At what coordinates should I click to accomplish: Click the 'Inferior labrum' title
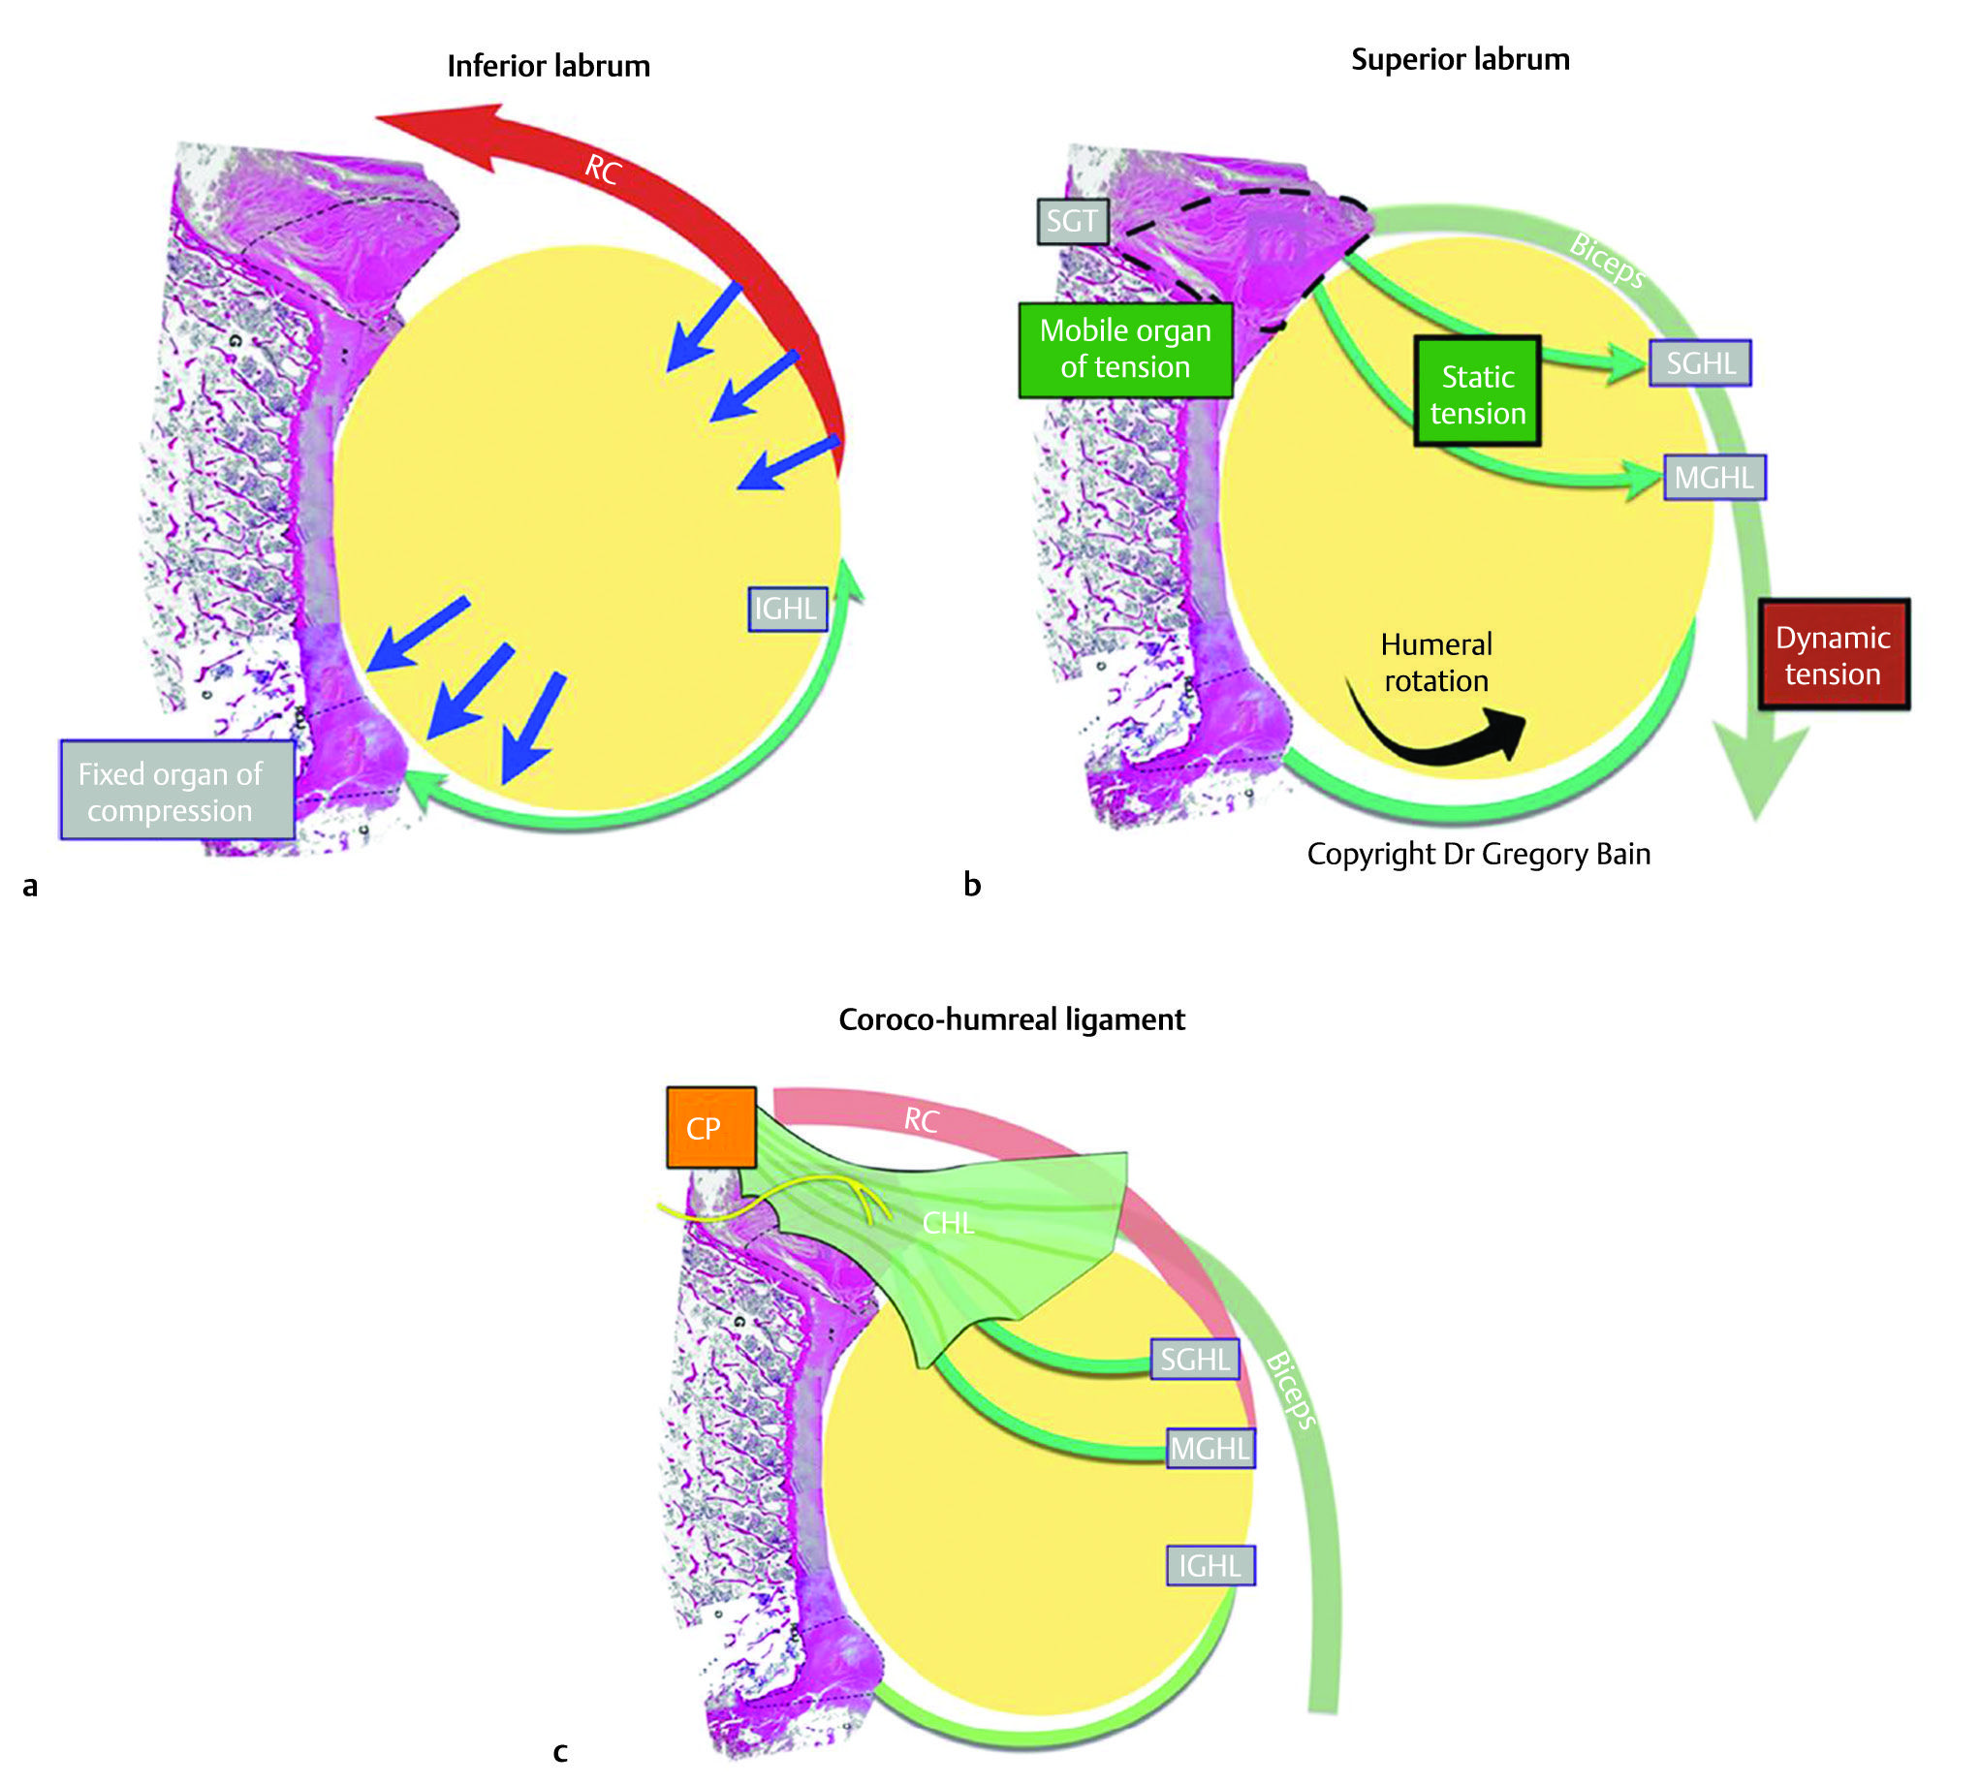click(x=549, y=66)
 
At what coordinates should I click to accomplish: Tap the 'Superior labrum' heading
click(x=1460, y=60)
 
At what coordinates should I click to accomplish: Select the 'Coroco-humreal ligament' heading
click(x=1011, y=1020)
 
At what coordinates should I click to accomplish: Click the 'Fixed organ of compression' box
click(x=176, y=791)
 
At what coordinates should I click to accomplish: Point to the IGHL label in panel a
click(x=787, y=610)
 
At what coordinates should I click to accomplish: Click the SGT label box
click(x=1072, y=221)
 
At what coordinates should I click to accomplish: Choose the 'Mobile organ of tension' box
click(x=1125, y=349)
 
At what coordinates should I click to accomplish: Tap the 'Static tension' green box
click(x=1477, y=392)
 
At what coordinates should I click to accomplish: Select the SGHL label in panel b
click(x=1700, y=363)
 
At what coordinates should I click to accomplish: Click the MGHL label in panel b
click(x=1714, y=478)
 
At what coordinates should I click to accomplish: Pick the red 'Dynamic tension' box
click(x=1832, y=655)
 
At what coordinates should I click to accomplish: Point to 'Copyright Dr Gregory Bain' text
click(x=1478, y=855)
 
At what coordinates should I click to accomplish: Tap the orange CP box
click(x=710, y=1128)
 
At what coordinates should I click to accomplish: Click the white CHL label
click(x=947, y=1223)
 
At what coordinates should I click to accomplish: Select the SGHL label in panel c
click(x=1193, y=1360)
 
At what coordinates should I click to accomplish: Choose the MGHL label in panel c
click(x=1210, y=1448)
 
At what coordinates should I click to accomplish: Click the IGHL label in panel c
click(x=1210, y=1565)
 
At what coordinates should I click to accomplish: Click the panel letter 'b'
click(x=971, y=885)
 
